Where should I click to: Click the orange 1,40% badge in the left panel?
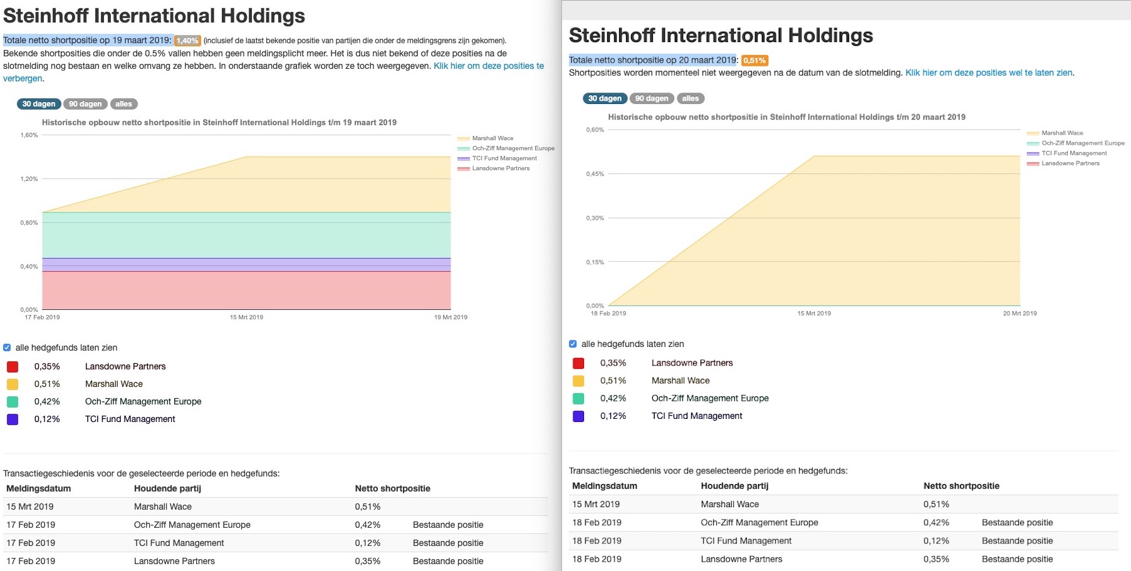point(187,41)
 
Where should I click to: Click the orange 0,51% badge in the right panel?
point(754,61)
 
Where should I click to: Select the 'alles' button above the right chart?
point(690,98)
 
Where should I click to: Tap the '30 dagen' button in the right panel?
point(605,98)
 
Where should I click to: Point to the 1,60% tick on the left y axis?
point(29,135)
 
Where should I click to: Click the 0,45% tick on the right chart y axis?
point(595,174)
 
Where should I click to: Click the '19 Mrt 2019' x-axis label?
point(451,317)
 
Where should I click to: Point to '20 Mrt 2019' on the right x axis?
point(1019,314)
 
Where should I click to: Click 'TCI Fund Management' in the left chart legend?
point(504,158)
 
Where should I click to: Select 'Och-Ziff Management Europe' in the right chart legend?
point(1082,143)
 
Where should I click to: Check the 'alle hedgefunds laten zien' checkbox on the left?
point(7,347)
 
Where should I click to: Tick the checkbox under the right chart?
point(573,344)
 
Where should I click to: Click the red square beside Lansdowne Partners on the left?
point(13,367)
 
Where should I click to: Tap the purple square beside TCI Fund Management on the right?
point(578,416)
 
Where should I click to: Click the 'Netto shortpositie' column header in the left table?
point(392,488)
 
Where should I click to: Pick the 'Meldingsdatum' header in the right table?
point(604,486)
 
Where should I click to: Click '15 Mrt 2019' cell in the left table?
point(30,507)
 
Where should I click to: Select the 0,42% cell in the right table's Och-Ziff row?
point(936,523)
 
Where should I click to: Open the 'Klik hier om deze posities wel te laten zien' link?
point(988,73)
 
